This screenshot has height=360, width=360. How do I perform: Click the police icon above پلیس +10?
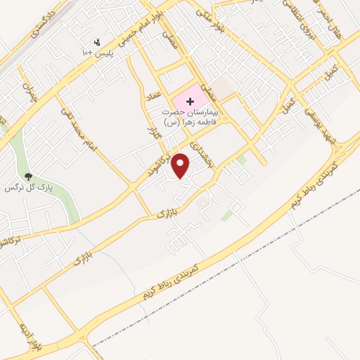coord(97,41)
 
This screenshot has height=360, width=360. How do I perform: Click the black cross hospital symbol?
coord(191,101)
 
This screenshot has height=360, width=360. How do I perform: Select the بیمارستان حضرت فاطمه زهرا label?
coord(189,117)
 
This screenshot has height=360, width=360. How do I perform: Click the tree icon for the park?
coord(29,176)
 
